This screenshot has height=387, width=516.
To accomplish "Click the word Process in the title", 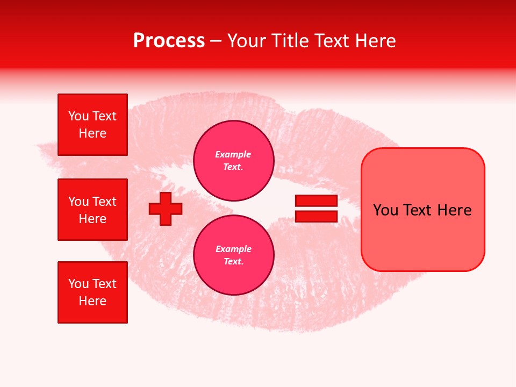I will pos(169,41).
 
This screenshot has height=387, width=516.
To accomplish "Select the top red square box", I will pos(92,125).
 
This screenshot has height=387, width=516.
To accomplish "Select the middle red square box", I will pos(92,210).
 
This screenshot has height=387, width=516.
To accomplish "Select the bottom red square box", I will pos(92,292).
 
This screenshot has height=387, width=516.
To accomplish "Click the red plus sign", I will pos(166,209).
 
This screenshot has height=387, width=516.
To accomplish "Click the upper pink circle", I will pos(233,160).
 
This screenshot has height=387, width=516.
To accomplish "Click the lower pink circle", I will pos(233,255).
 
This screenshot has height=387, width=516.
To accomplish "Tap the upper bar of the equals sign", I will pos(316,201).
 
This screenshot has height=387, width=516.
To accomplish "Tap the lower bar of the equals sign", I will pos(316,217).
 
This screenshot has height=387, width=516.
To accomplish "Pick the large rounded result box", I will pos(422,236).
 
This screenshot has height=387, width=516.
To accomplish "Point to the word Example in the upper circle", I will pos(233,154).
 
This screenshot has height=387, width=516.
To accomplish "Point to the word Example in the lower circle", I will pos(233,249).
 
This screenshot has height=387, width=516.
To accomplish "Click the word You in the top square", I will pos(78,116).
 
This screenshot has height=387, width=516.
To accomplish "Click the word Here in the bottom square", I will pos(92,301).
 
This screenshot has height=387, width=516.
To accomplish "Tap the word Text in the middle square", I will pos(104,202).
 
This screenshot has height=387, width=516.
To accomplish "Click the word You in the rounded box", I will pos(385,210).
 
